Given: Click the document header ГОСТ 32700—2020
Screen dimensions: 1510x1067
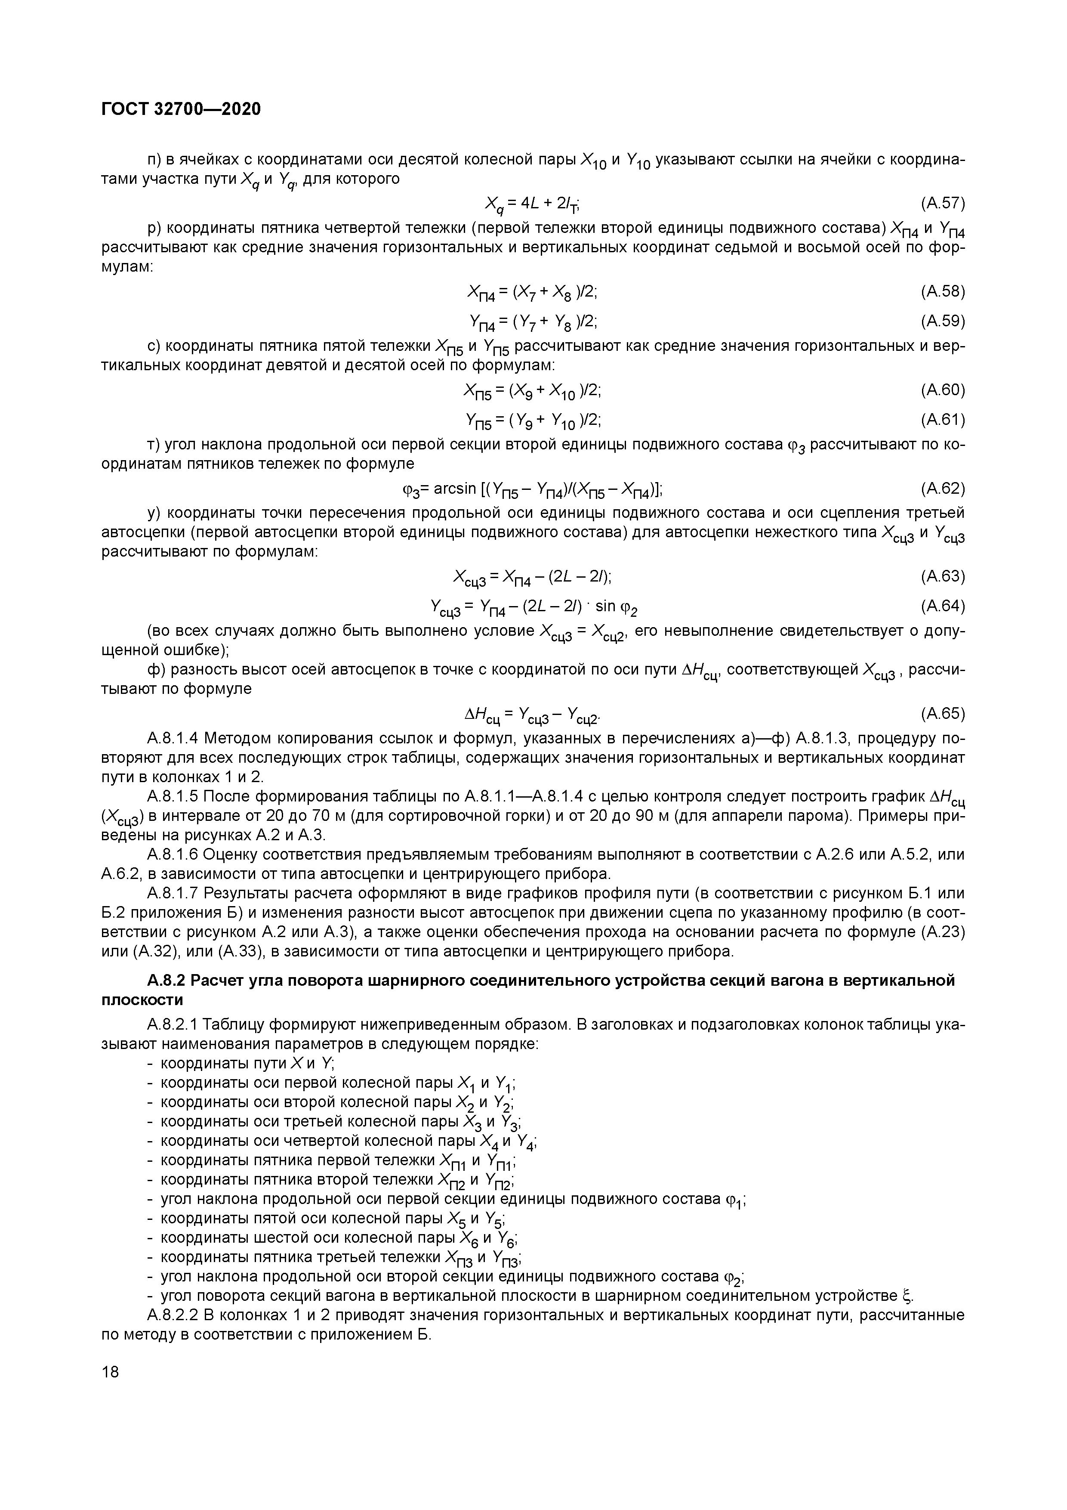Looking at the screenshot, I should (x=182, y=109).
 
